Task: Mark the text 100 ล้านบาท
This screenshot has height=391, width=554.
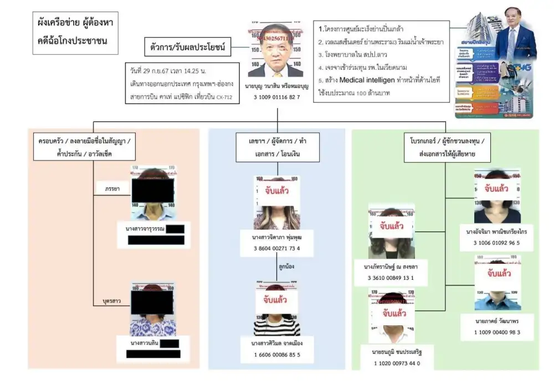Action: click(371, 93)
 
